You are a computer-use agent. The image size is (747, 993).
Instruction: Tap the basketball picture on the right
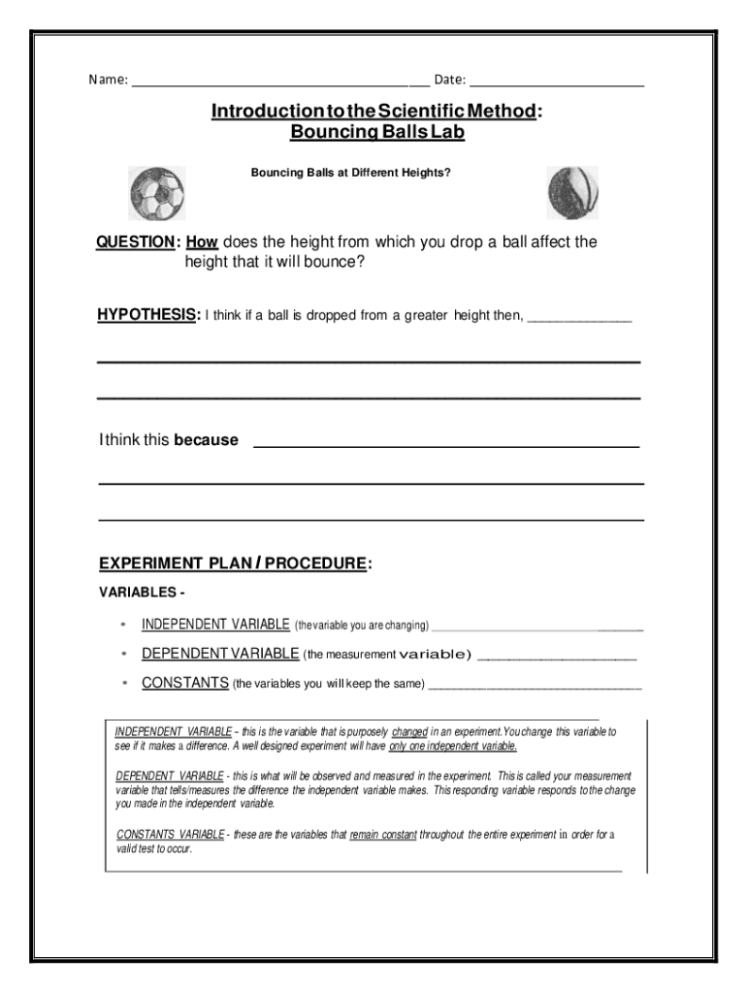tap(571, 192)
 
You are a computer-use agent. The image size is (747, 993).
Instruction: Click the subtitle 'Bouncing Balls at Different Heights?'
tap(351, 174)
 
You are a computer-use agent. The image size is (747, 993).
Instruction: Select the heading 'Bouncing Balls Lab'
tap(377, 133)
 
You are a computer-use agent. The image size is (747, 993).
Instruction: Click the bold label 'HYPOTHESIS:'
tap(148, 315)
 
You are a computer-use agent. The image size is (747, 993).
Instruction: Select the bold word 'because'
tap(206, 440)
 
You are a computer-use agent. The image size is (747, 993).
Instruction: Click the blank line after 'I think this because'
tap(445, 445)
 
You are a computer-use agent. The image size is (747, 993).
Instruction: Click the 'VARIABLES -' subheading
tap(142, 592)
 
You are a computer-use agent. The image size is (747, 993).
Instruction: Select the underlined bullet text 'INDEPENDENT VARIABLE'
tap(215, 625)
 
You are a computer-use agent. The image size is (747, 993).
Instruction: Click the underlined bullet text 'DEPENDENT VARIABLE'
tap(221, 654)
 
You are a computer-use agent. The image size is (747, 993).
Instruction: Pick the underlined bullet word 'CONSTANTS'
tap(185, 683)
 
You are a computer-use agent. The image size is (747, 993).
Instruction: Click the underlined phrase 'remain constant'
tap(383, 834)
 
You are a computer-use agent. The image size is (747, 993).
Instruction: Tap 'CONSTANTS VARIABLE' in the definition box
tap(170, 834)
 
